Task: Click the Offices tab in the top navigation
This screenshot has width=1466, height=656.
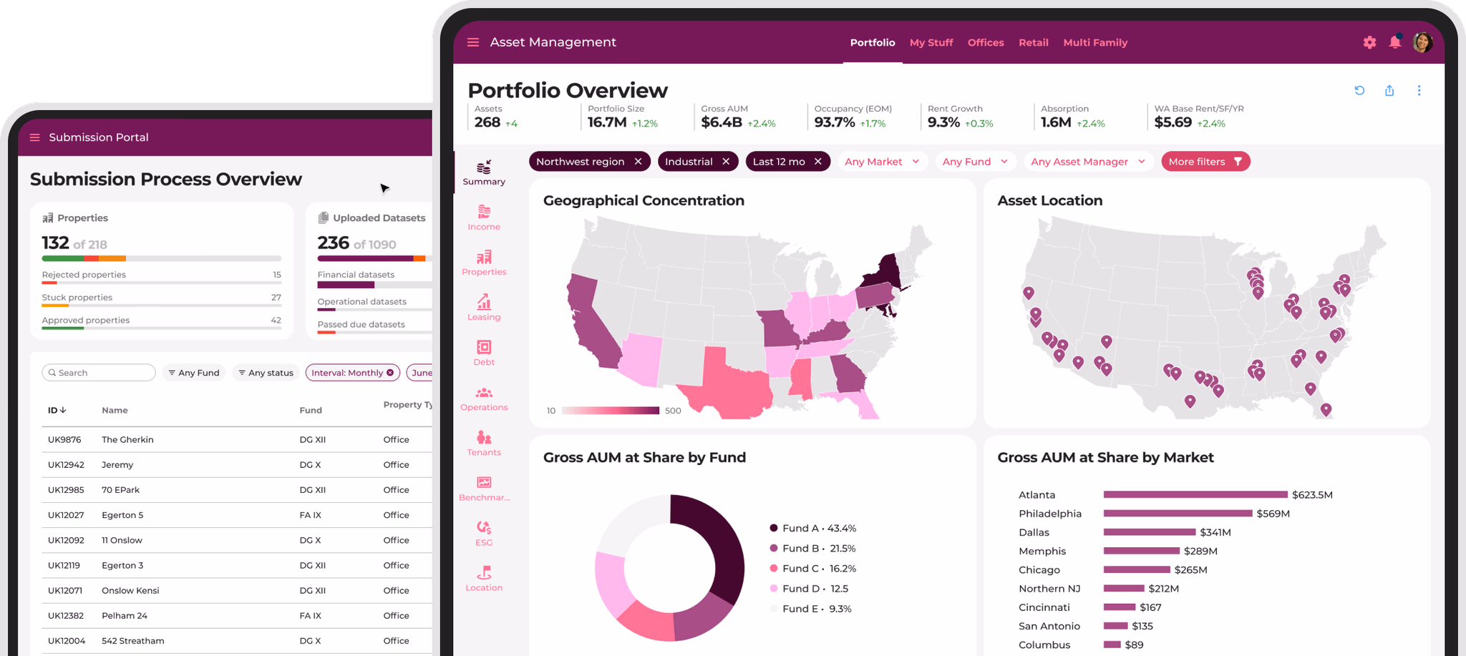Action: [986, 43]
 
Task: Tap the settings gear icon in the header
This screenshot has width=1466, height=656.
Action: [1369, 42]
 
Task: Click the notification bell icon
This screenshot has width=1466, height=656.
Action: [1395, 41]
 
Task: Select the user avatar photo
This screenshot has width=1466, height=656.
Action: [1422, 42]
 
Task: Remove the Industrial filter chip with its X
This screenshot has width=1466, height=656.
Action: [726, 162]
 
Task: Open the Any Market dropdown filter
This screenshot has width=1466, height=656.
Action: [882, 162]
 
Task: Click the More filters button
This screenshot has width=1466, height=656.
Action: [1205, 162]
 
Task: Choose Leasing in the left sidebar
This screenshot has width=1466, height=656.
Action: [484, 308]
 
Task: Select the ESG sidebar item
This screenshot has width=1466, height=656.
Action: [484, 533]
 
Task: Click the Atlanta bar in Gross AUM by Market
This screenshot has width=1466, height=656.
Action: [1195, 494]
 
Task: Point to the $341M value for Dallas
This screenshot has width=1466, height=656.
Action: [1215, 532]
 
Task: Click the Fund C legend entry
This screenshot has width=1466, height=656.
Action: [812, 569]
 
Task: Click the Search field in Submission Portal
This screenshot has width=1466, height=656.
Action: [99, 373]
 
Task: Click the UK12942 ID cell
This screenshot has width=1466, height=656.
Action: [66, 465]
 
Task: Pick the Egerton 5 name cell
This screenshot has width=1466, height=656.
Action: [122, 515]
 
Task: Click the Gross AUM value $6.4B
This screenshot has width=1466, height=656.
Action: [722, 122]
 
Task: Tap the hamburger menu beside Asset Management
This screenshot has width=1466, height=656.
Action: [473, 42]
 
